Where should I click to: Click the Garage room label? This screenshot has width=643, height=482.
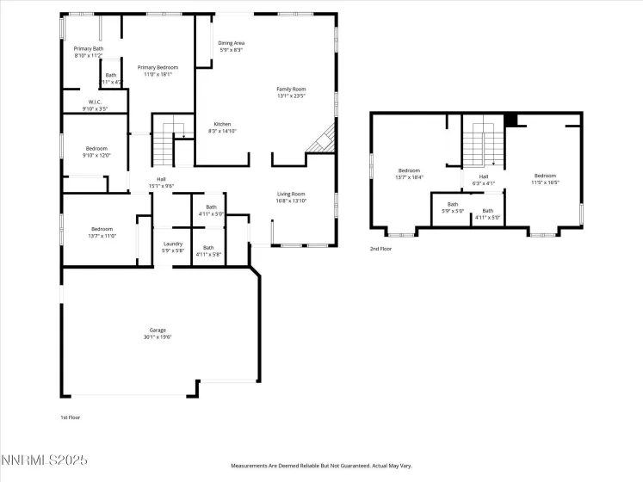158,333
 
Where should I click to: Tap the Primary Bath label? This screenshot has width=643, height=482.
88,52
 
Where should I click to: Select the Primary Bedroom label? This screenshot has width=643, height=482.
158,71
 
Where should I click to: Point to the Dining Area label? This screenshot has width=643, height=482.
231,46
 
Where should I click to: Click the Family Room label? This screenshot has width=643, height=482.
291,93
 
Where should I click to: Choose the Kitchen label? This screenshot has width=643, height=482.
222,127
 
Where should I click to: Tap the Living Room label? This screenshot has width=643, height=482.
291,197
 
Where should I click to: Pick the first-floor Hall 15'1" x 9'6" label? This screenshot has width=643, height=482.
161,182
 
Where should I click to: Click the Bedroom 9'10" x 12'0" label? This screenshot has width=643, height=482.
96,151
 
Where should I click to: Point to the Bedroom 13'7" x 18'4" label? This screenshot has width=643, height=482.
409,174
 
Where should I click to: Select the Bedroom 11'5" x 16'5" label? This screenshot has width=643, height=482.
545,179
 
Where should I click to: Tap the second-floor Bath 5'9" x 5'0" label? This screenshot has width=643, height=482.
453,207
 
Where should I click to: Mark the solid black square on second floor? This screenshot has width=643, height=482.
510,120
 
